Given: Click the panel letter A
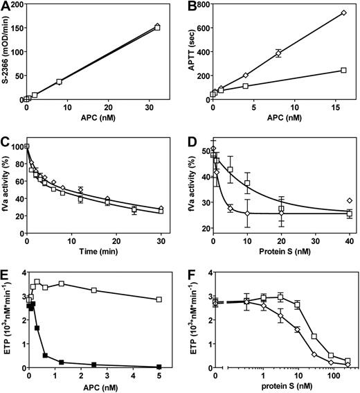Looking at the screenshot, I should [x=6, y=7].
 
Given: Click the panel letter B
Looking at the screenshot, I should [x=191, y=7].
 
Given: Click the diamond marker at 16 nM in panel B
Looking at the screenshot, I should [x=343, y=13].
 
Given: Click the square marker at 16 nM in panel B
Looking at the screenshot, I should [x=343, y=70].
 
